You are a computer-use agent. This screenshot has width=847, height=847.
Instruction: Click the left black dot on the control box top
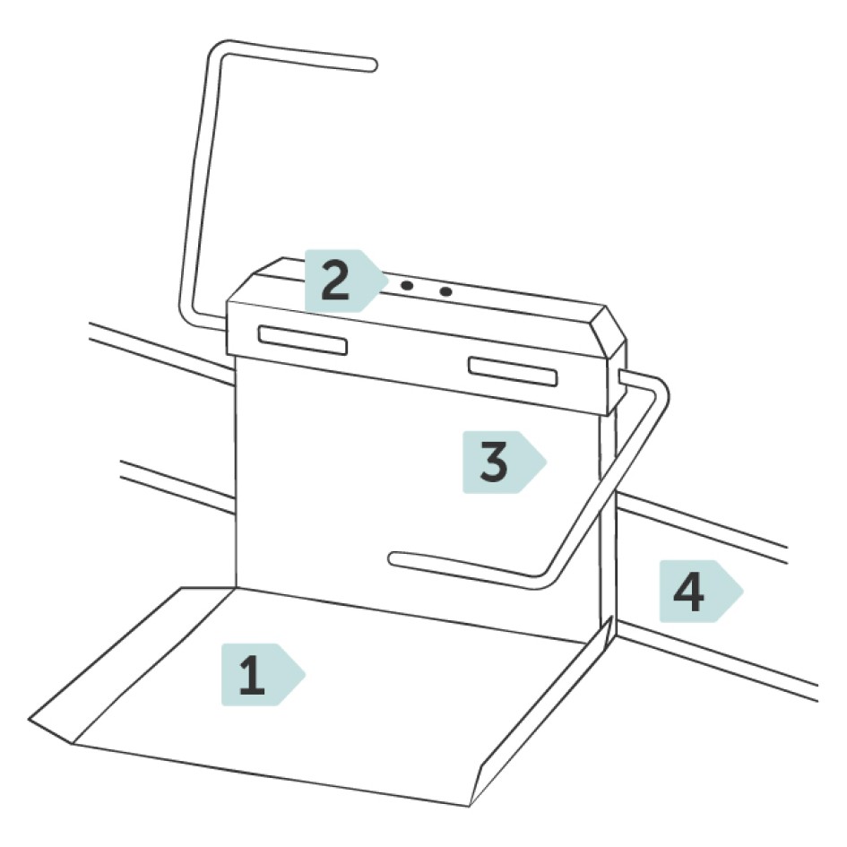pos(407,286)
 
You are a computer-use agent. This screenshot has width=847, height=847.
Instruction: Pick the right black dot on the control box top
pos(446,291)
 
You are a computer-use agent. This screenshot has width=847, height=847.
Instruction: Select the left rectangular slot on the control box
pos(302,340)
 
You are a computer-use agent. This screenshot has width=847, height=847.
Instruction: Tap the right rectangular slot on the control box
pos(514,370)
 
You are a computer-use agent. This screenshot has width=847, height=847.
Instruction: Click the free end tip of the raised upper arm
pos(369,65)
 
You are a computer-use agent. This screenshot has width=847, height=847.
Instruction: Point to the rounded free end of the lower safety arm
pos(395,558)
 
